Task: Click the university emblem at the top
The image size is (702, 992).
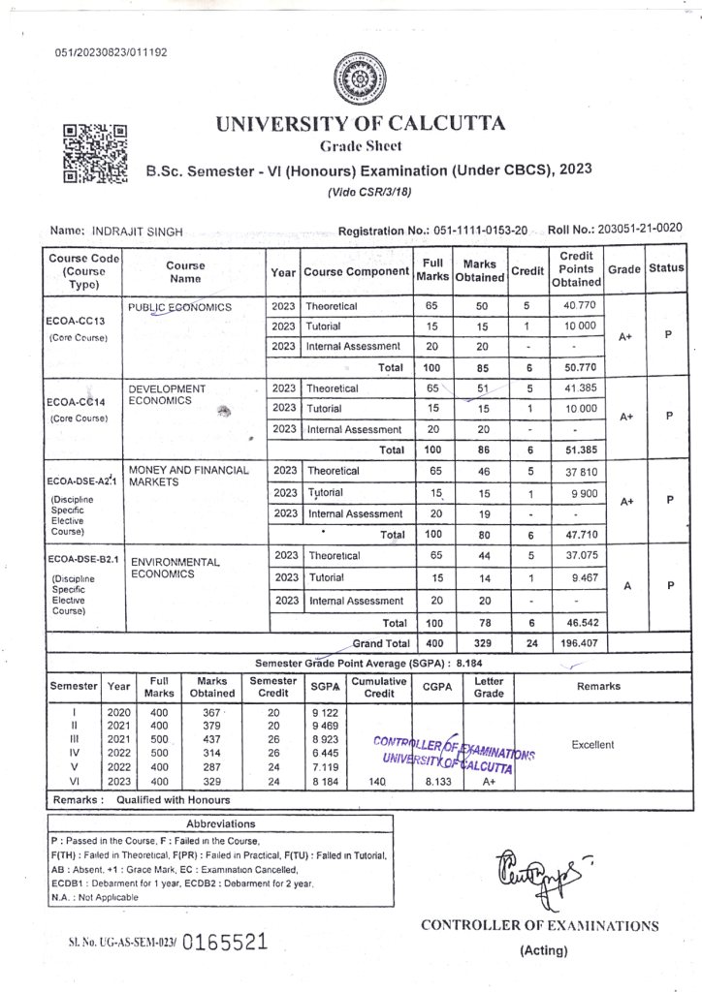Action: tap(357, 79)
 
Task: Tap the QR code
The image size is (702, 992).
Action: tap(95, 154)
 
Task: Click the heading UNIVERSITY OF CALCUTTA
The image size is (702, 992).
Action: tap(360, 124)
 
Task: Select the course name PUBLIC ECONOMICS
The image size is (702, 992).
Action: tap(180, 307)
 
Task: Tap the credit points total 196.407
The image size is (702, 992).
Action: tap(576, 642)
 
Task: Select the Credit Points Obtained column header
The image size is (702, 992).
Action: tap(576, 268)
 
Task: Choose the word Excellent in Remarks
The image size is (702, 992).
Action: tap(592, 745)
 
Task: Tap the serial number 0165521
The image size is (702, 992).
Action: tap(224, 942)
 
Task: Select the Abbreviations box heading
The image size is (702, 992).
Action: tap(220, 823)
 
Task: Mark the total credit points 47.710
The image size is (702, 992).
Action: tap(576, 534)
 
